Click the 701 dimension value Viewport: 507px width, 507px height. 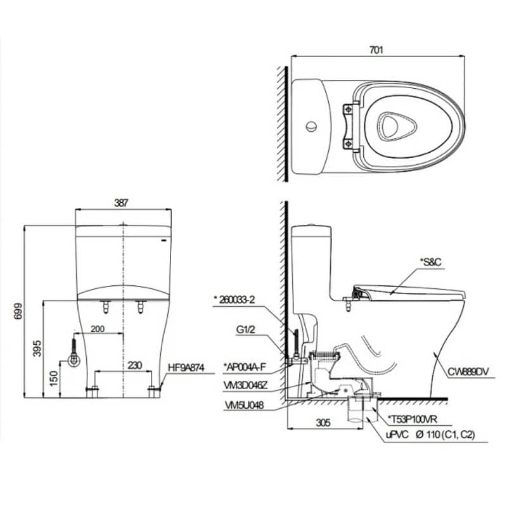click(376, 50)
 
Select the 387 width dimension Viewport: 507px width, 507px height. click(121, 203)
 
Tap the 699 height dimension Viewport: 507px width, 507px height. click(18, 311)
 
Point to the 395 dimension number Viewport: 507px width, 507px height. click(37, 348)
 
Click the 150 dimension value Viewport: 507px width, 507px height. click(55, 378)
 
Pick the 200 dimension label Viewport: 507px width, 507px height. click(98, 329)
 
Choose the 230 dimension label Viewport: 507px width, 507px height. click(134, 366)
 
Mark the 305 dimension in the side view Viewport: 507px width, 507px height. click(323, 422)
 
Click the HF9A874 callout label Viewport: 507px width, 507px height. click(186, 368)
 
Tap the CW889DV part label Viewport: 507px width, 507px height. click(468, 372)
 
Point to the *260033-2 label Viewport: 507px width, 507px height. click(234, 300)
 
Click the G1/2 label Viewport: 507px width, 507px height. click(245, 330)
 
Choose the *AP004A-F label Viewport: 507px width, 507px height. click(245, 367)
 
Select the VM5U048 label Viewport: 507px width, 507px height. click(244, 405)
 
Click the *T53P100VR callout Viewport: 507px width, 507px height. click(413, 420)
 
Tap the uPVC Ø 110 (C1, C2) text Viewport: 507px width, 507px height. click(430, 435)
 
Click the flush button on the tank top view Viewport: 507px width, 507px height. click(311, 126)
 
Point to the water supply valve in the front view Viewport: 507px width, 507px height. click(74, 359)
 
